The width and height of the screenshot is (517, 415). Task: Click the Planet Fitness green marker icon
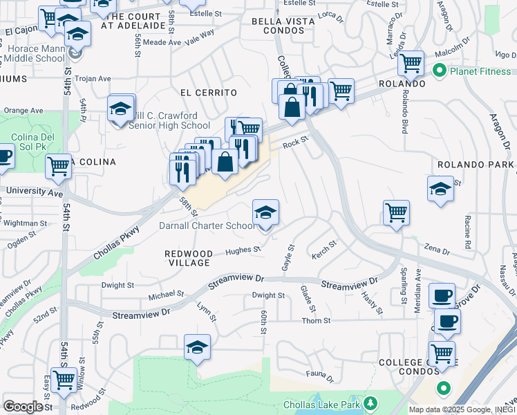(438, 71)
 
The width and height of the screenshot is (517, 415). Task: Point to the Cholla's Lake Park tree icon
(370, 403)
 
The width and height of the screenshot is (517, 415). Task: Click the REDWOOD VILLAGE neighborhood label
(189, 258)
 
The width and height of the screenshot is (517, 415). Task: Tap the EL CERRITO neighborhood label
(208, 93)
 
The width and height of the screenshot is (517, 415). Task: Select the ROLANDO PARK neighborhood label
(476, 165)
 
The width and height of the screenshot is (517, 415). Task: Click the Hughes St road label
(247, 250)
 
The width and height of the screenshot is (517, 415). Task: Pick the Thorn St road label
(316, 321)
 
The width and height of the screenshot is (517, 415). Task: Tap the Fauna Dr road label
(320, 378)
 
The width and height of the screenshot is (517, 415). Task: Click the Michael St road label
(167, 294)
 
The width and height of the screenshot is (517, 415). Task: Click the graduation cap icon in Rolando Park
(440, 189)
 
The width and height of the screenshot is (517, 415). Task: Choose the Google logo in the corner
(23, 407)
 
